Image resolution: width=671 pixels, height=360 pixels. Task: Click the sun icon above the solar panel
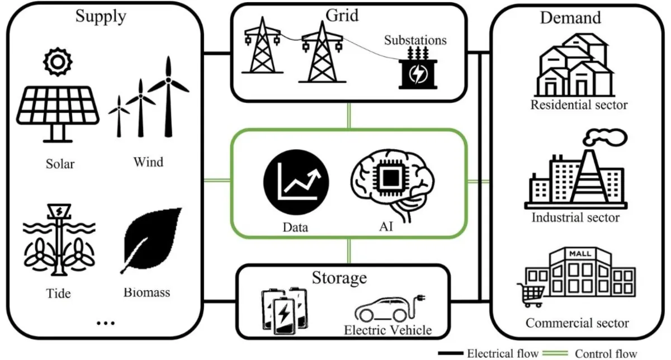[58, 61]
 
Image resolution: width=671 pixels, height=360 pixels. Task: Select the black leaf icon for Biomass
[152, 240]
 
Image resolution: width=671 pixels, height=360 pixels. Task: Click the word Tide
[58, 293]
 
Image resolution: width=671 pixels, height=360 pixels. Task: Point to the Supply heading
[101, 16]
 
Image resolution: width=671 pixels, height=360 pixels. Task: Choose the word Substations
[415, 40]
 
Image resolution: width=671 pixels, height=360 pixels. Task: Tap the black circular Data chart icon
[296, 182]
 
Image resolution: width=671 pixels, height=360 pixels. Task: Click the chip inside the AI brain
[390, 178]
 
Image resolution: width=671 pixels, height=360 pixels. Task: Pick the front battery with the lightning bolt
[283, 315]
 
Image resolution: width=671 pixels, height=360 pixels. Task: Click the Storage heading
[339, 278]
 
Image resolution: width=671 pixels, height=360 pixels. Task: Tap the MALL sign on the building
[580, 254]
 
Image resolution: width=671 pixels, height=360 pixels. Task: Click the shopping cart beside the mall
[531, 295]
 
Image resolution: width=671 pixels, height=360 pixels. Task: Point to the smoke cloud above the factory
[605, 138]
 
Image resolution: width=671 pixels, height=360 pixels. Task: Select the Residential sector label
[579, 105]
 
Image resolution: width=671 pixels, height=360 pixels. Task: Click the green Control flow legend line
[555, 353]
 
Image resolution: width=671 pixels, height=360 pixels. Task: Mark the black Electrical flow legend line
[451, 353]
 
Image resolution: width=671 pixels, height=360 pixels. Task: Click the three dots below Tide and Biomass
[106, 323]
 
